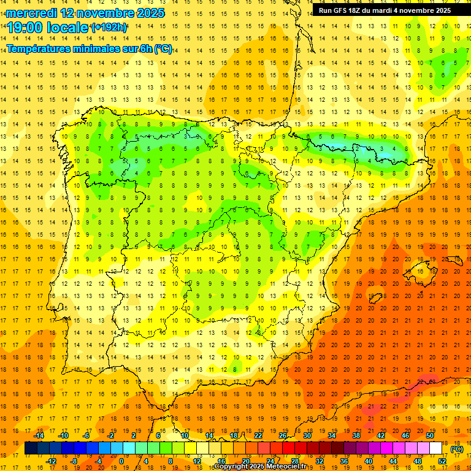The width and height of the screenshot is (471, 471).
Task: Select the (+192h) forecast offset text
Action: point(109,28)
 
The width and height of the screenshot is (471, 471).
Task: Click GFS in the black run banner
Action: point(343,10)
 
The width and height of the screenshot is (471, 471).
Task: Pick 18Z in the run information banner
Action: point(361,10)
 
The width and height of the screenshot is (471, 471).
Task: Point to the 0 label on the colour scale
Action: point(121,461)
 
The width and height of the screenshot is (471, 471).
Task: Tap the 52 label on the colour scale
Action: point(442,461)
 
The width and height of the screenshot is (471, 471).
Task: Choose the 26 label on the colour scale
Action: point(283,435)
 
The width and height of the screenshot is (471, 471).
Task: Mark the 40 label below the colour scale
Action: point(369,461)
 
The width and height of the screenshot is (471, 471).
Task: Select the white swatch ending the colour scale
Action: point(435,448)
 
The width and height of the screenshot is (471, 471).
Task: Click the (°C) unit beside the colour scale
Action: point(457,449)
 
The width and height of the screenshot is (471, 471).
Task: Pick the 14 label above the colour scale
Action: point(209,435)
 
